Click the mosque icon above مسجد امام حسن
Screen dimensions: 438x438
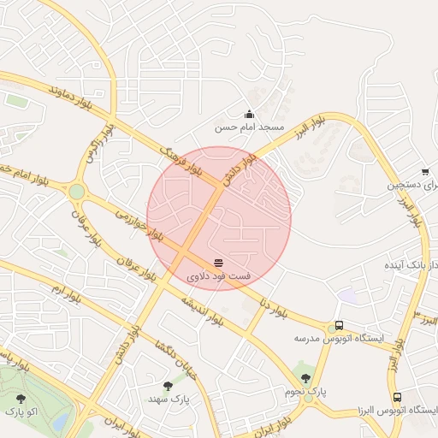click(249, 114)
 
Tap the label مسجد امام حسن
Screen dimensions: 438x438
click(249, 127)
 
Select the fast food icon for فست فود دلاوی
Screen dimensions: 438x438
click(219, 262)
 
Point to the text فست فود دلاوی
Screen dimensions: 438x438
click(219, 276)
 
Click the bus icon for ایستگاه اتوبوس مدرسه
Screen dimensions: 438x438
click(340, 325)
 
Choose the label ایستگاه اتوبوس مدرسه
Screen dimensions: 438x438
click(339, 339)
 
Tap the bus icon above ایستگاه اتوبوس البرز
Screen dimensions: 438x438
click(397, 398)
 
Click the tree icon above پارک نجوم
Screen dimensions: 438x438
click(306, 377)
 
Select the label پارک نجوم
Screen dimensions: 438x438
click(306, 391)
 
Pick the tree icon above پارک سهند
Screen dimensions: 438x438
click(168, 386)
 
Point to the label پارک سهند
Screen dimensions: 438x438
click(168, 400)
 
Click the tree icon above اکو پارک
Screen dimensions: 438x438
click(21, 398)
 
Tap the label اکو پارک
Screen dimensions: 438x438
click(21, 411)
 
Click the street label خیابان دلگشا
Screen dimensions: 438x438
click(163, 355)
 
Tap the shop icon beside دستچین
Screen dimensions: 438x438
click(425, 172)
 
